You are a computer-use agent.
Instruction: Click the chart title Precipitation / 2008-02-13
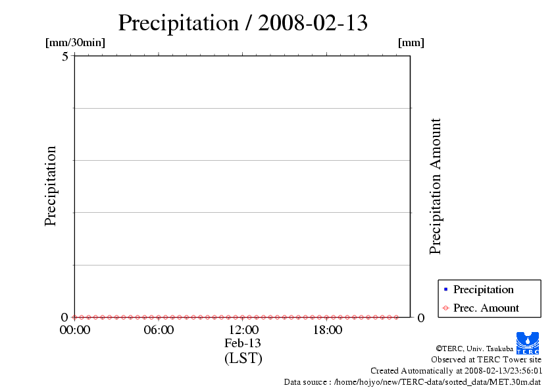click(x=243, y=23)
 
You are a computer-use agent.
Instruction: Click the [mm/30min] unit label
click(x=75, y=43)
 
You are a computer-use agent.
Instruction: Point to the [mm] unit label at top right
click(x=411, y=43)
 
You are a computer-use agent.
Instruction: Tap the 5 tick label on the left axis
click(x=65, y=56)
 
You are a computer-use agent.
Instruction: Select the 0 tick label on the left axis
click(x=65, y=317)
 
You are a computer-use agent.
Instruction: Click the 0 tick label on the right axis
click(x=421, y=318)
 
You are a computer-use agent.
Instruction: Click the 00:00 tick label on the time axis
click(x=74, y=330)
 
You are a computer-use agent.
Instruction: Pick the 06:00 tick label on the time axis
click(x=159, y=330)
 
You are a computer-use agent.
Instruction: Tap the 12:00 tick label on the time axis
click(x=243, y=330)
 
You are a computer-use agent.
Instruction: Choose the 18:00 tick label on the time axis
click(x=327, y=330)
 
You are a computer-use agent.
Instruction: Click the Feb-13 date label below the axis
click(x=243, y=343)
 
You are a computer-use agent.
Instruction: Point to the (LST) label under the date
click(x=243, y=358)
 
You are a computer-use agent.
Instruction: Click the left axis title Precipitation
click(x=51, y=186)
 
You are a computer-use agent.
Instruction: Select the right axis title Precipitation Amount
click(x=435, y=186)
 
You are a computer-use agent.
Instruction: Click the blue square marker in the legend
click(x=445, y=289)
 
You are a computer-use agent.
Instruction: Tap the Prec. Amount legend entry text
click(x=486, y=308)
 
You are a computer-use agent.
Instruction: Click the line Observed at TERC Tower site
click(x=486, y=360)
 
